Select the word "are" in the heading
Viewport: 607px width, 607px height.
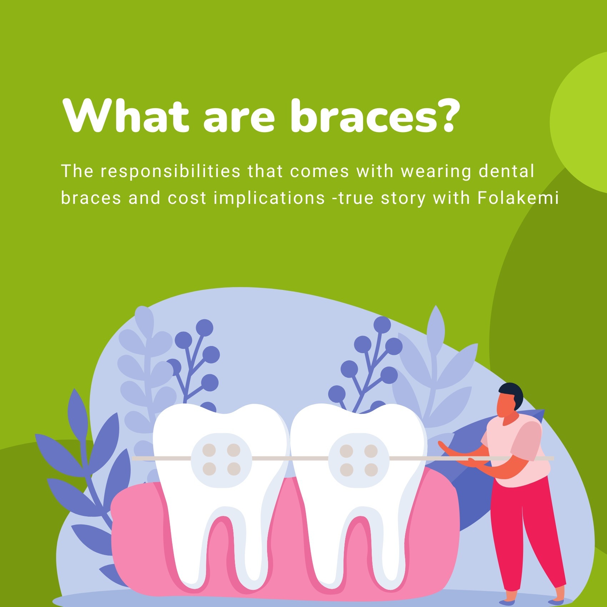point(239,118)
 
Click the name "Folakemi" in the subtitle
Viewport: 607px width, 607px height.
point(518,198)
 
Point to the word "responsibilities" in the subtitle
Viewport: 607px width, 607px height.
point(170,171)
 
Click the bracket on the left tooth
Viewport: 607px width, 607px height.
point(221,460)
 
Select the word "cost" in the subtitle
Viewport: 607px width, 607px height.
point(187,199)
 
